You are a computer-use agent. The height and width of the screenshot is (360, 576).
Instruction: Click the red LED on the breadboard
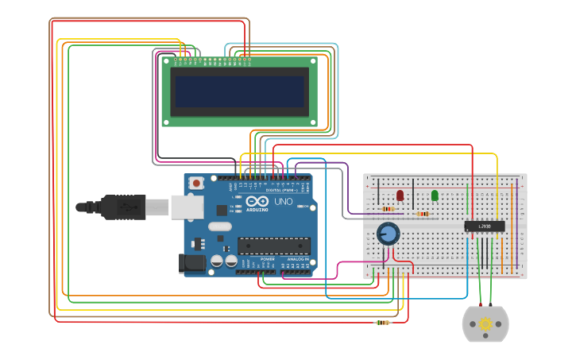pyautogui.click(x=400, y=195)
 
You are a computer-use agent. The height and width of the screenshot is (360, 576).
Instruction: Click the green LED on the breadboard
pyautogui.click(x=435, y=195)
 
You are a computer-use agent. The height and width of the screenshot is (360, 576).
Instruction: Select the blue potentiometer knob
pyautogui.click(x=388, y=233)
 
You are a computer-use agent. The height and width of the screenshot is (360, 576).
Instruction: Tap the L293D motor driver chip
pyautogui.click(x=484, y=226)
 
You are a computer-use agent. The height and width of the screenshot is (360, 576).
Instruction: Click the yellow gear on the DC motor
pyautogui.click(x=485, y=323)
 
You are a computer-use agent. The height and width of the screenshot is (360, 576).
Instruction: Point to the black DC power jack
pyautogui.click(x=194, y=263)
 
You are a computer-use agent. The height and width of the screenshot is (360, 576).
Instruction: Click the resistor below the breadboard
pyautogui.click(x=383, y=323)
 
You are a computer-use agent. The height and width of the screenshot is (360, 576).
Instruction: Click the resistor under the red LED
pyautogui.click(x=389, y=209)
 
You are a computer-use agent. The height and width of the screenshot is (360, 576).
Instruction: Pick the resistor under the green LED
pyautogui.click(x=423, y=213)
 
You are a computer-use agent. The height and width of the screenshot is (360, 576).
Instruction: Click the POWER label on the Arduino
pyautogui.click(x=268, y=259)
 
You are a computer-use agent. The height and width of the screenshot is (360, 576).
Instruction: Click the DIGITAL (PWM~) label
pyautogui.click(x=280, y=191)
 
